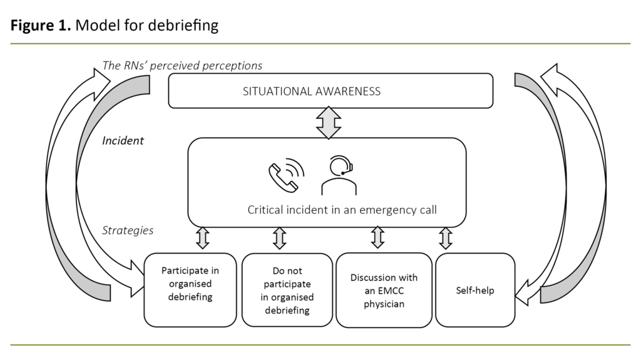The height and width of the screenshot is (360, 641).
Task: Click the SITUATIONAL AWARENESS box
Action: (331, 91)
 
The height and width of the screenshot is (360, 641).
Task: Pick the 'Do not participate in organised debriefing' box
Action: (287, 290)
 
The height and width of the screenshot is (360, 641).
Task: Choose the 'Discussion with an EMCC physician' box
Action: (383, 290)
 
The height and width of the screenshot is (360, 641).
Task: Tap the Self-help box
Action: (474, 290)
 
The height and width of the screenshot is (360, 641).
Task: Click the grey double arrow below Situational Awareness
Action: (329, 123)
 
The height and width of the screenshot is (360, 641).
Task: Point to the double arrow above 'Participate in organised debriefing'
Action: (202, 239)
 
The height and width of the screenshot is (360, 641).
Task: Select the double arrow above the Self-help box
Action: (445, 239)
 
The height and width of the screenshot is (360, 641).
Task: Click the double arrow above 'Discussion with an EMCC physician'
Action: (377, 239)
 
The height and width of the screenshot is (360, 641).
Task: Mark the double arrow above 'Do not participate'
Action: (279, 239)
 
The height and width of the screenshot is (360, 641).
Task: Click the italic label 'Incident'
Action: (123, 141)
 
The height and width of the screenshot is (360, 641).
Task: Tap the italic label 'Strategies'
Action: (128, 230)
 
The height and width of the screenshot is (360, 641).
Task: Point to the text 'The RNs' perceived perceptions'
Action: (182, 65)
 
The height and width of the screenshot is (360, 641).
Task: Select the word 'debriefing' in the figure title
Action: (189, 26)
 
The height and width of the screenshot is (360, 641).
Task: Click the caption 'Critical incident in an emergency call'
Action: (342, 210)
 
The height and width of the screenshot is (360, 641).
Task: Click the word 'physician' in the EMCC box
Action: (383, 304)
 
